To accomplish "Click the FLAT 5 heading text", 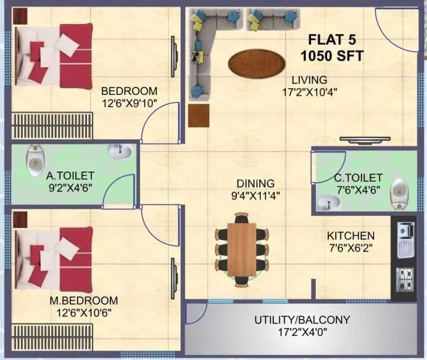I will [332, 41].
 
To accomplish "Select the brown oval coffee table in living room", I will [257, 62].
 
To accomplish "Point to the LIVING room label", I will [309, 80].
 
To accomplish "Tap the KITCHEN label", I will [351, 236].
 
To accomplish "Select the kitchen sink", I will [404, 237].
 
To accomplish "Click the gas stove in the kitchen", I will [404, 277].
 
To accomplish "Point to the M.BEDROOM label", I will [83, 300].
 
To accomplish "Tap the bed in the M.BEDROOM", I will [53, 258].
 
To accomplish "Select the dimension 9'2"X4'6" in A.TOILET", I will [70, 187].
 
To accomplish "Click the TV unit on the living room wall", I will [365, 140].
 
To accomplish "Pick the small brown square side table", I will [198, 115].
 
